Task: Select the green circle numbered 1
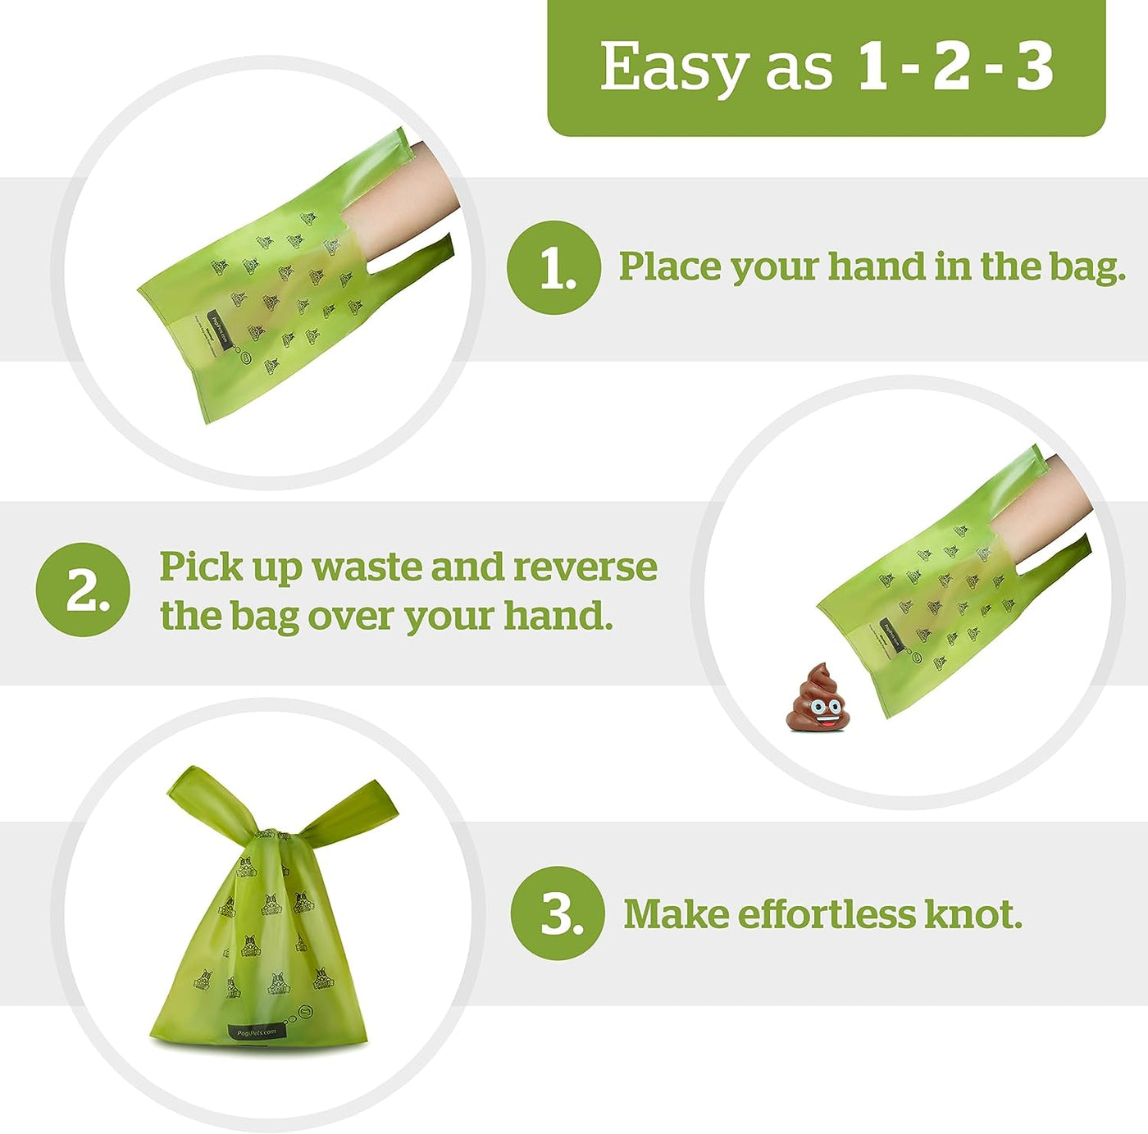point(554,267)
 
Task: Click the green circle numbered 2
point(83,589)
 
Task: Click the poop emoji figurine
point(818,698)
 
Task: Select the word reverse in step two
point(585,567)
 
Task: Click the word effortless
point(826,913)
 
